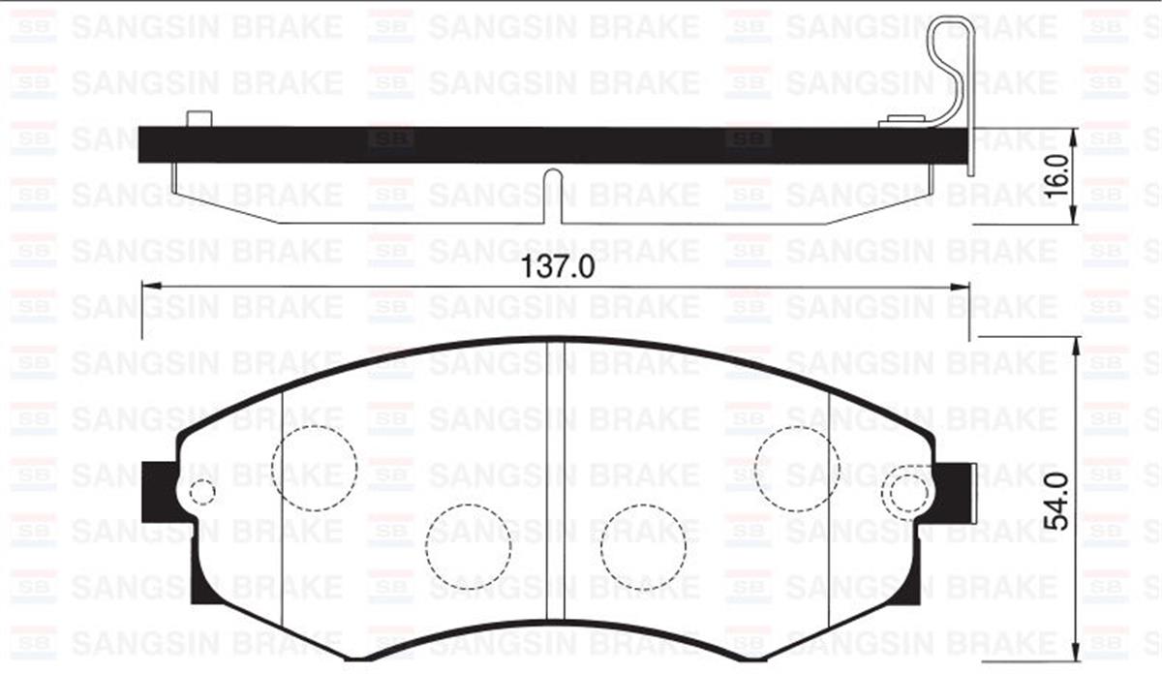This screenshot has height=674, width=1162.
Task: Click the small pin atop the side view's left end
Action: (199, 119)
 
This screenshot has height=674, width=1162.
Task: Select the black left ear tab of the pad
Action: (159, 491)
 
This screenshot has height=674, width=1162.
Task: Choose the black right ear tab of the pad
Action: (956, 491)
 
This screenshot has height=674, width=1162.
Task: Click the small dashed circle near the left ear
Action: (201, 492)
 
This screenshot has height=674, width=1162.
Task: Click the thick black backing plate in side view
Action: (552, 144)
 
